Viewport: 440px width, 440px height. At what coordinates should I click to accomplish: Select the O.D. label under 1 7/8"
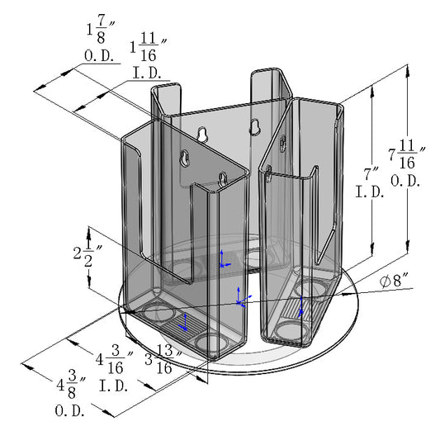point(101,56)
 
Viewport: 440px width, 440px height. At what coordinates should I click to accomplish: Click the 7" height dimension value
point(368,174)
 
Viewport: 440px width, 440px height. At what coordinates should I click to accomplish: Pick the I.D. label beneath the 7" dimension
point(369,193)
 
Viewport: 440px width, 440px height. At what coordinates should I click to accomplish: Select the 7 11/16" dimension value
point(405,154)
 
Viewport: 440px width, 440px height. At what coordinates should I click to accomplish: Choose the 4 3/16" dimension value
point(114,360)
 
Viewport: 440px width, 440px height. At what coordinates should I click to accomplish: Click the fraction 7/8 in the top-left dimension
point(101,32)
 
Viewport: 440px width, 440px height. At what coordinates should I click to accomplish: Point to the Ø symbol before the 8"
point(386,281)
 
